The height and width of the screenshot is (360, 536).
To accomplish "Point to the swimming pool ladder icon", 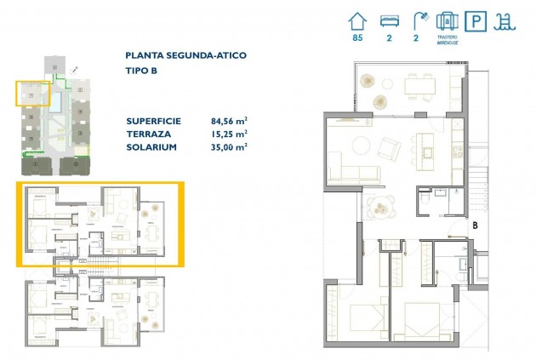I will pos(508,20).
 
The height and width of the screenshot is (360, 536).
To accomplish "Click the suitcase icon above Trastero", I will pos(448,20).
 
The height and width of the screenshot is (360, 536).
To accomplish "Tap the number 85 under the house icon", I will pos(358,37).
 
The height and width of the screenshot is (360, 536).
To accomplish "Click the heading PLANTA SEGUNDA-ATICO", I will pos(185,55).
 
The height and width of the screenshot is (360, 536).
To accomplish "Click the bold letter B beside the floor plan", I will pos(475,226).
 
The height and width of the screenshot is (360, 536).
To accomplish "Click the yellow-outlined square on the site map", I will pos(31,93).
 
